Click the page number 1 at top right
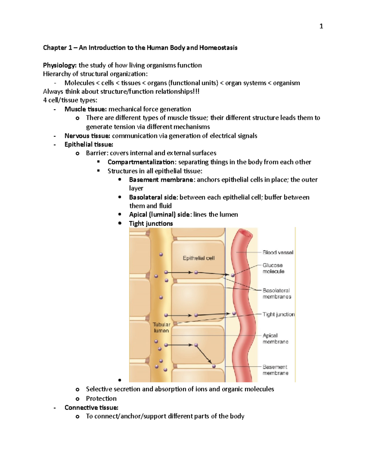tap(321, 26)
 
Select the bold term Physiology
tap(59, 65)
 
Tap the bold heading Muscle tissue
tap(85, 109)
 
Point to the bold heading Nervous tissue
tap(87, 136)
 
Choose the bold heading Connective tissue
tap(91, 408)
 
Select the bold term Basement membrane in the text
tap(161, 180)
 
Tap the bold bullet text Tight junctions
tap(151, 224)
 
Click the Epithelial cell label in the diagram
tap(199, 258)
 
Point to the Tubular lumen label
tap(161, 328)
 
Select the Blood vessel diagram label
tap(278, 252)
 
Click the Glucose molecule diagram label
tap(273, 268)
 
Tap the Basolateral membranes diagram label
tap(277, 294)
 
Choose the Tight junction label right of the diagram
tap(278, 314)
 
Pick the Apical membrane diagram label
tap(275, 339)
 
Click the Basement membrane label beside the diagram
tap(275, 370)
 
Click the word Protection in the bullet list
tap(101, 399)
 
